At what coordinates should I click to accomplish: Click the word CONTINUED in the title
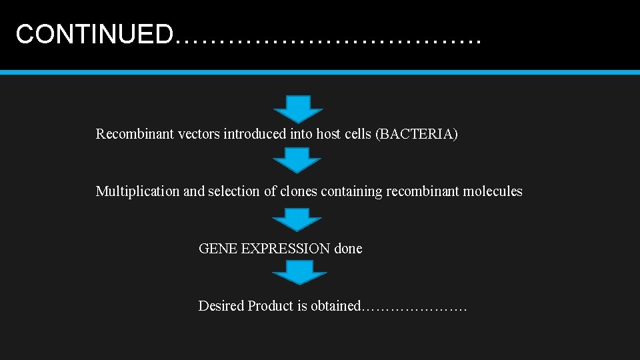pyautogui.click(x=94, y=34)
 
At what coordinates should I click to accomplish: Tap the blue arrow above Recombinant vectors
pyautogui.click(x=297, y=108)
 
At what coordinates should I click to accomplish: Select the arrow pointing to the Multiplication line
pyautogui.click(x=297, y=161)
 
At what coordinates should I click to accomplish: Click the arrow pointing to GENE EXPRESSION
pyautogui.click(x=297, y=219)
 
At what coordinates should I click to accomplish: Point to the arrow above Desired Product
pyautogui.click(x=300, y=271)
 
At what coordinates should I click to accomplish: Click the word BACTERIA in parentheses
pyautogui.click(x=417, y=134)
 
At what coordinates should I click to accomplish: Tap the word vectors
pyautogui.click(x=199, y=134)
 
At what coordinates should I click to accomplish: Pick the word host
pyautogui.click(x=328, y=134)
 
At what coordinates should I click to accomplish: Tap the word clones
pyautogui.click(x=299, y=191)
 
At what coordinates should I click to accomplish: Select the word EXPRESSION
pyautogui.click(x=285, y=249)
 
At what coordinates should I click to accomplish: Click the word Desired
pyautogui.click(x=221, y=306)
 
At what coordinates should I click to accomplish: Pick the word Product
pyautogui.click(x=271, y=306)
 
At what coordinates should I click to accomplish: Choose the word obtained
pyautogui.click(x=335, y=306)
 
